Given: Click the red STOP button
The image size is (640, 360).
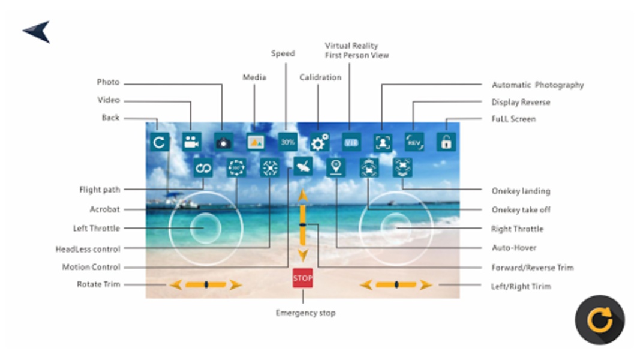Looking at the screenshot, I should click(302, 278).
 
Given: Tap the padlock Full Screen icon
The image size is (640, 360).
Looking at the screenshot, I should click(446, 142).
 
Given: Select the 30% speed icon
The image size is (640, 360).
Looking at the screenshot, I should click(288, 142).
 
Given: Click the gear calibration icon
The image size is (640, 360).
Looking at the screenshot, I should click(320, 142).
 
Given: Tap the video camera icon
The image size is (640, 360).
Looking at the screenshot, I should click(191, 142).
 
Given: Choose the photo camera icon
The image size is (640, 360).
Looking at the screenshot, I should click(223, 142).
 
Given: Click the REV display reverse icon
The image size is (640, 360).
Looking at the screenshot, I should click(414, 142).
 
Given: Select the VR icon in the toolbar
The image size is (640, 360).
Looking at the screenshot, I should click(351, 142).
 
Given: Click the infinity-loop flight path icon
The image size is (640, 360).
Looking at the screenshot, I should click(203, 167).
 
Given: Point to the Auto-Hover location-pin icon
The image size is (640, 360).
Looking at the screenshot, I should click(336, 167).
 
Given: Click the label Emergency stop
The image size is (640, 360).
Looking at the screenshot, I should click(305, 313).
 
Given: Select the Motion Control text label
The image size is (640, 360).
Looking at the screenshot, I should click(91, 267).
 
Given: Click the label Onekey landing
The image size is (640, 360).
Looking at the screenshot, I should click(521, 191).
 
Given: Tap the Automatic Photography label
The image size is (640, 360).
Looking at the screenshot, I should click(537, 85).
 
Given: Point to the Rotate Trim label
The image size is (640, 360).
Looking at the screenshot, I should click(98, 284).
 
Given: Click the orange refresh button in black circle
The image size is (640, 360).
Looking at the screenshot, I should click(600, 320).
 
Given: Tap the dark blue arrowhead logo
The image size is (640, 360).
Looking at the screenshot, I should click(37, 32).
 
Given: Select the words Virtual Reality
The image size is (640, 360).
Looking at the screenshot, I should click(351, 46).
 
